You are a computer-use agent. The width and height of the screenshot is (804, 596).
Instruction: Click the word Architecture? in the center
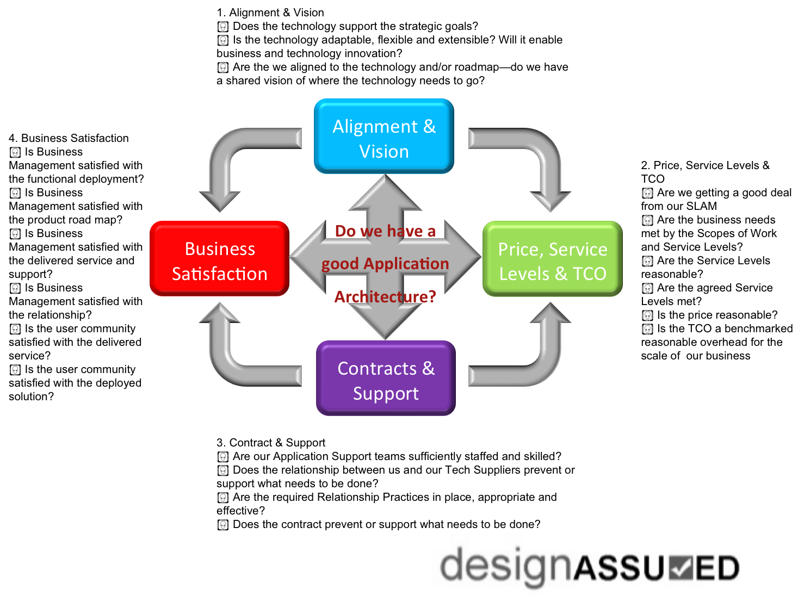point(385,297)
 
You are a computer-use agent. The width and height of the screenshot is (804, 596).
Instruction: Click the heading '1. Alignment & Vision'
point(270,13)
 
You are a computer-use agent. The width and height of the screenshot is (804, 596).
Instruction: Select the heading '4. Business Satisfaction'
point(69,138)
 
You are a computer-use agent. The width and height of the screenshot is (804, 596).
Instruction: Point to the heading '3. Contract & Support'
point(270,443)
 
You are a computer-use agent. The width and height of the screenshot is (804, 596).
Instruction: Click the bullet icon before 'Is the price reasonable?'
point(647,315)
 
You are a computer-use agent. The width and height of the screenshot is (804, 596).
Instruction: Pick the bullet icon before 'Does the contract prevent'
point(222,525)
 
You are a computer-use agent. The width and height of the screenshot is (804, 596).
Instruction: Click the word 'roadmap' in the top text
point(477,67)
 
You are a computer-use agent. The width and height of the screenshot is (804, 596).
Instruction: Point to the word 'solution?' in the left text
point(31,396)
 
